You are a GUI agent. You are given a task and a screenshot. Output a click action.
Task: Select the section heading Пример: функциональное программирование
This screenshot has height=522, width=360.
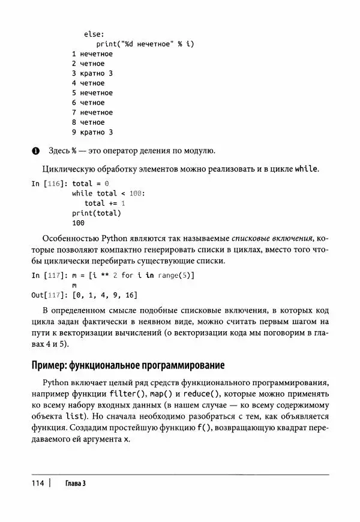127,365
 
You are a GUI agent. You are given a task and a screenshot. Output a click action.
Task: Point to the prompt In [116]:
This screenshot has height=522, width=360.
49,184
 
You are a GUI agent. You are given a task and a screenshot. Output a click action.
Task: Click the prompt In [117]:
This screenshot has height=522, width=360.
49,275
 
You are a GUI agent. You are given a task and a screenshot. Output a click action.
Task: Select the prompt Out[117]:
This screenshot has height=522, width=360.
49,295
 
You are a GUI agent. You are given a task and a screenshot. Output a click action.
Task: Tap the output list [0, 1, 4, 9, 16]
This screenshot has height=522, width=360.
104,295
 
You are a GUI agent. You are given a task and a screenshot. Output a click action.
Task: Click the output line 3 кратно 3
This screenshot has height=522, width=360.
92,73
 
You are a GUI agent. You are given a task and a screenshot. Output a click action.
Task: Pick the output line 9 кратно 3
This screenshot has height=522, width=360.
92,132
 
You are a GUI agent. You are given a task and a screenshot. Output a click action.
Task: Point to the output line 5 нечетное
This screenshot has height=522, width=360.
92,93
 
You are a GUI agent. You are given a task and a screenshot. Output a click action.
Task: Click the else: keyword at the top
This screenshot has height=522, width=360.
94,34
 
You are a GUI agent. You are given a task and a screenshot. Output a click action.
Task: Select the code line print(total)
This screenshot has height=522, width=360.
96,213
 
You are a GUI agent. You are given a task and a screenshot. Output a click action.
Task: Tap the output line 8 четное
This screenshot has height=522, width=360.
88,122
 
